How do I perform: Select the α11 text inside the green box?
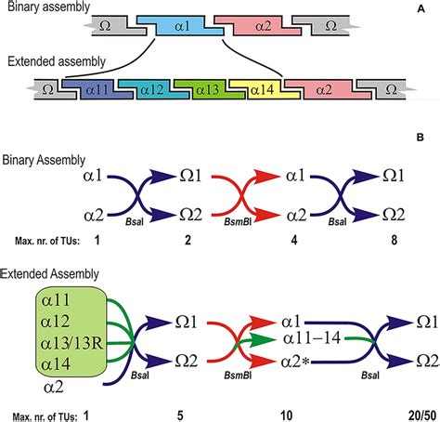click(63, 298)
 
